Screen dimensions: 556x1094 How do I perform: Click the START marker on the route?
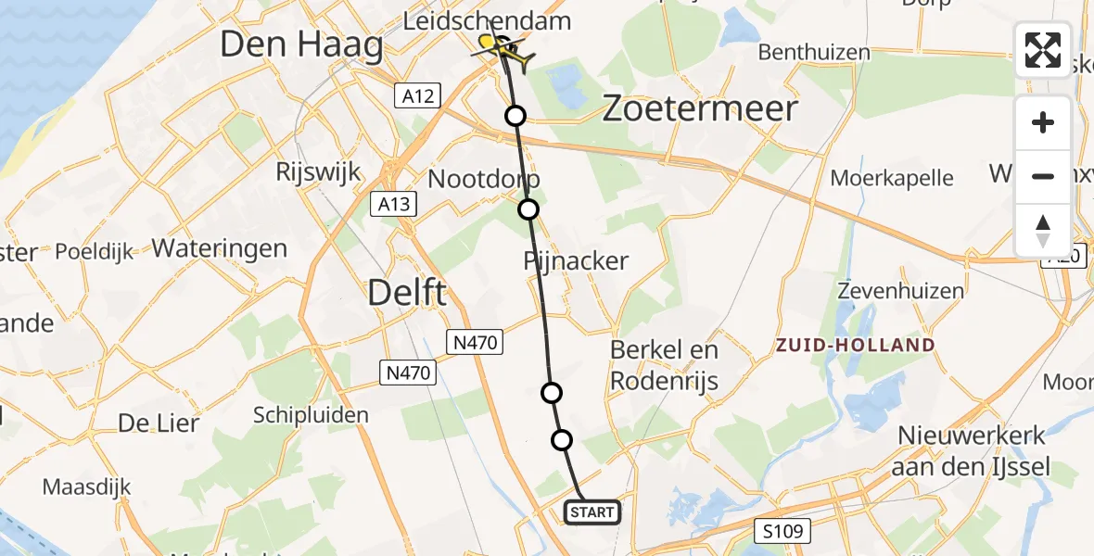click(x=592, y=512)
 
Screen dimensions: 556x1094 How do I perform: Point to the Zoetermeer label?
click(x=700, y=108)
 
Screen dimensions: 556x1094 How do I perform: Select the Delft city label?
click(x=407, y=293)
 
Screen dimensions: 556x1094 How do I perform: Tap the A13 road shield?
click(x=393, y=204)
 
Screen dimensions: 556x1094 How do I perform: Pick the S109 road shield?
click(x=782, y=531)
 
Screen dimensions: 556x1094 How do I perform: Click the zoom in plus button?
click(x=1043, y=122)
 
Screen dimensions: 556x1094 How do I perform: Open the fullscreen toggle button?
click(x=1043, y=50)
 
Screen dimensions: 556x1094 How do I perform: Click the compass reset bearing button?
click(x=1043, y=230)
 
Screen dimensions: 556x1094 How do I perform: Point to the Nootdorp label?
click(x=484, y=178)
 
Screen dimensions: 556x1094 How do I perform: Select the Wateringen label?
click(x=220, y=248)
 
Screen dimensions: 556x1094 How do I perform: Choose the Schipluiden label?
click(x=311, y=415)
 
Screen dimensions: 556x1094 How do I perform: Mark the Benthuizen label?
click(x=814, y=52)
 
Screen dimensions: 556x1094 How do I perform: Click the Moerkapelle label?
click(x=892, y=178)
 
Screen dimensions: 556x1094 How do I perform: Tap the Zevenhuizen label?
click(x=900, y=291)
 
